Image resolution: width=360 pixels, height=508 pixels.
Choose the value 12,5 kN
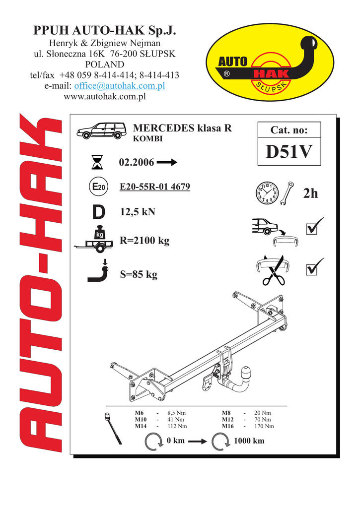pos(138,212)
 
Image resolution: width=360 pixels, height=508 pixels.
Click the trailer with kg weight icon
pos(95,241)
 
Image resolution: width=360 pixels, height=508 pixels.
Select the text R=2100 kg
pos(144,241)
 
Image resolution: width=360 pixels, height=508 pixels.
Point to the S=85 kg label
pos(139,274)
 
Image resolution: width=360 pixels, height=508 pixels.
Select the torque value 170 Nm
pos(263,426)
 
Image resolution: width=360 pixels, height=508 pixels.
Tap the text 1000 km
pos(250,441)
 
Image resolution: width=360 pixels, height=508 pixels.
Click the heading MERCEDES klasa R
pos(182,128)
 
